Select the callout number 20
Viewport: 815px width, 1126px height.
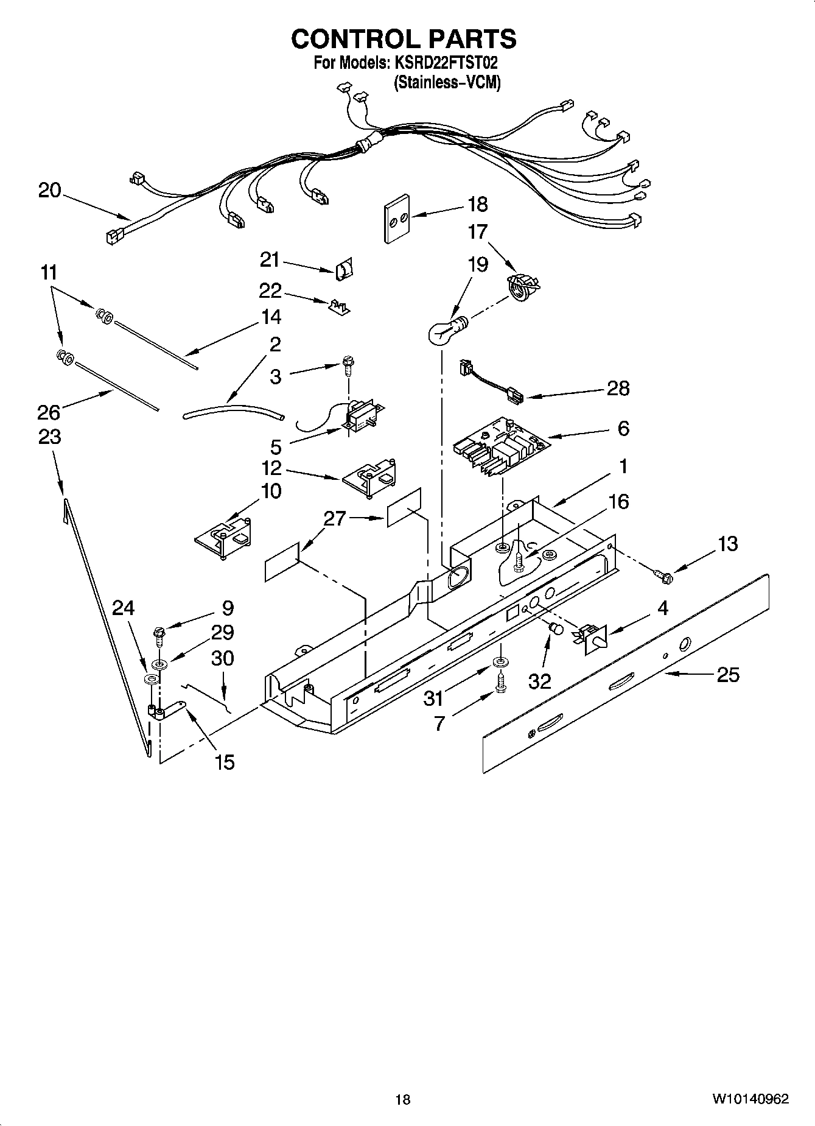click(x=49, y=191)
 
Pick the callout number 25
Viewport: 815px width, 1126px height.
click(x=728, y=675)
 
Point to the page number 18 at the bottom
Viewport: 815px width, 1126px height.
click(x=402, y=1099)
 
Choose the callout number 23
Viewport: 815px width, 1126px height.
click(x=49, y=437)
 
